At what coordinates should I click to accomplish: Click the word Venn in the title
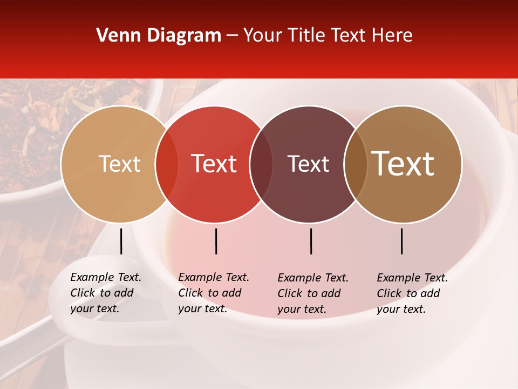[115, 36]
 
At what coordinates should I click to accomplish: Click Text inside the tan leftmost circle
[119, 164]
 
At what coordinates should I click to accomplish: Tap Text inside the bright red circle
[214, 164]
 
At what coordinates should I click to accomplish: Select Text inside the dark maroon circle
[308, 164]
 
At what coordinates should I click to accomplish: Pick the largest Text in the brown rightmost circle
[403, 164]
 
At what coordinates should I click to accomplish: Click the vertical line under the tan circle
[121, 241]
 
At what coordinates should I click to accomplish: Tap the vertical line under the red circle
[216, 241]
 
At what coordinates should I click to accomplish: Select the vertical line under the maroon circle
[311, 241]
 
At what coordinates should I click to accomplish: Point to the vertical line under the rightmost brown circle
[401, 241]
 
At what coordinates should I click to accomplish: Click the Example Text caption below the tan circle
[106, 293]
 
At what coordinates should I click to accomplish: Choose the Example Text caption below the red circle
[214, 293]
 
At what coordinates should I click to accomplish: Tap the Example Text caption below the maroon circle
[313, 293]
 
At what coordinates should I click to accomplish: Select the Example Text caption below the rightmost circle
[412, 293]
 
